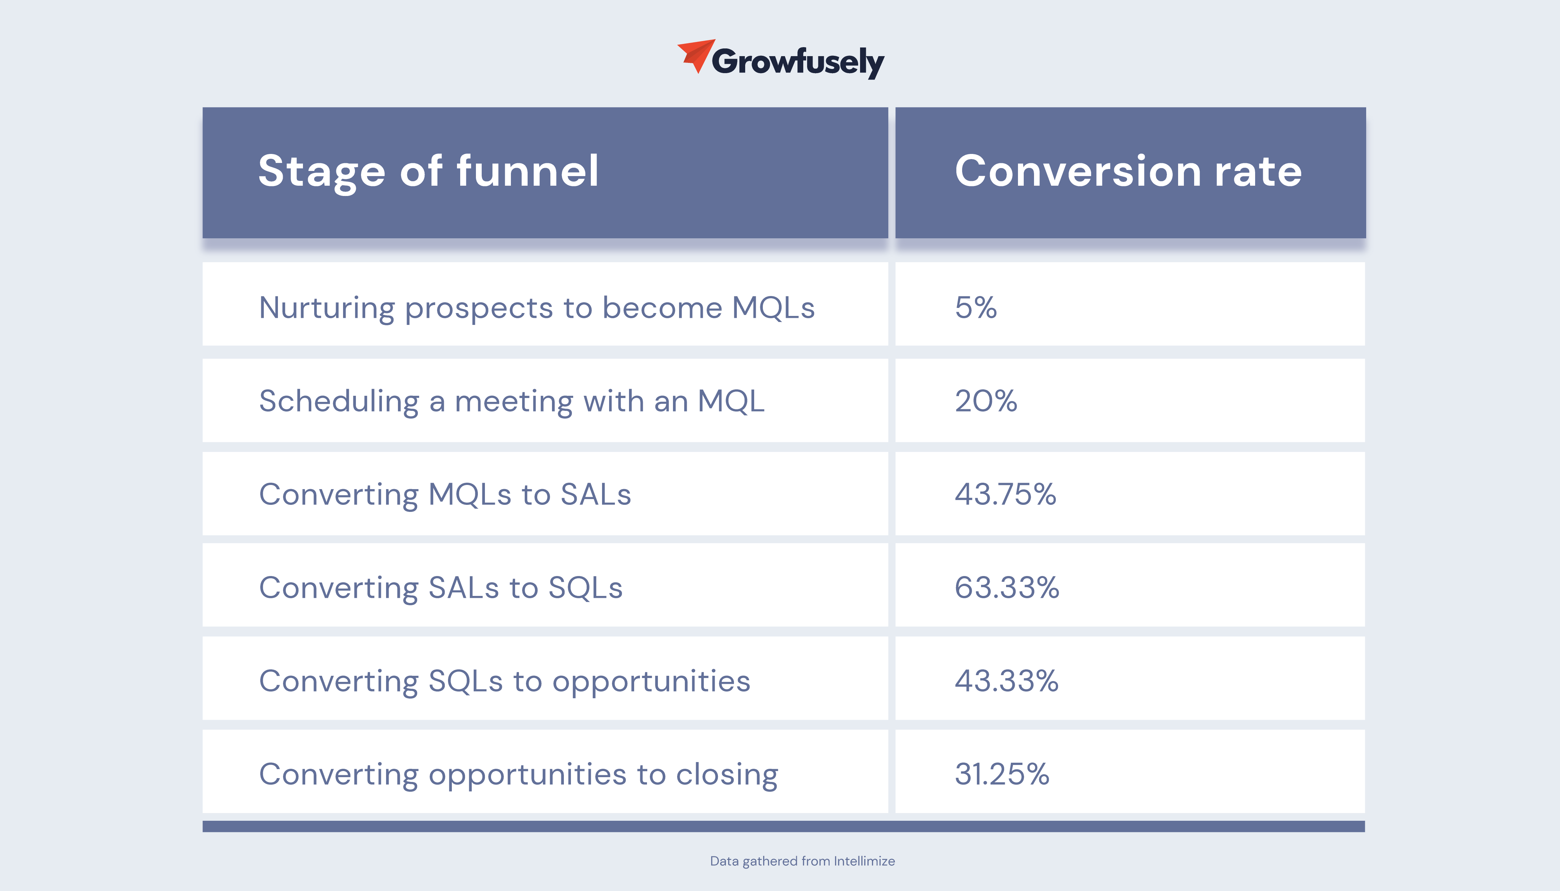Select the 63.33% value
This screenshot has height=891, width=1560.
click(x=1007, y=588)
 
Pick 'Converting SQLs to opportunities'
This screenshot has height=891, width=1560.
click(x=504, y=682)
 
